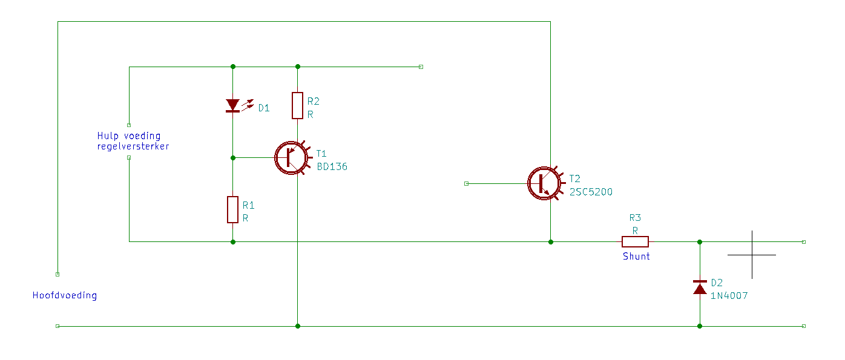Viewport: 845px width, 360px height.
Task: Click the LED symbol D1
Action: (x=238, y=105)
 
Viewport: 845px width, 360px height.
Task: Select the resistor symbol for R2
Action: (x=297, y=105)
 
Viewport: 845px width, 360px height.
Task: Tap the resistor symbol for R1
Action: (x=232, y=209)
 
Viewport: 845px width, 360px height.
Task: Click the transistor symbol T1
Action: (x=292, y=158)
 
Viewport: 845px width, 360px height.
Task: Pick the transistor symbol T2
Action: (x=545, y=183)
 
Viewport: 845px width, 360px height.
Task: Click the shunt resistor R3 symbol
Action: (x=635, y=241)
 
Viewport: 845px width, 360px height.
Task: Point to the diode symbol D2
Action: (x=700, y=287)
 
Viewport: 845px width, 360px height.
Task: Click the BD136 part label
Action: (x=332, y=166)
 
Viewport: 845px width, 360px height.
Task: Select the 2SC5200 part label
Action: (x=591, y=192)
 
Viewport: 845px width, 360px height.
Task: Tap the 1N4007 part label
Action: (x=729, y=295)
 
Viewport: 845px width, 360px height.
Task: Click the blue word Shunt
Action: (x=636, y=257)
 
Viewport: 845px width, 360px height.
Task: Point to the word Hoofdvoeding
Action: (x=65, y=295)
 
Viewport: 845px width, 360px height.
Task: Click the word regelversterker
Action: (x=133, y=146)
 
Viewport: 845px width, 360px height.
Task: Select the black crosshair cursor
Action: (x=752, y=255)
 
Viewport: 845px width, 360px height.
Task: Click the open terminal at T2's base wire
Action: (x=466, y=183)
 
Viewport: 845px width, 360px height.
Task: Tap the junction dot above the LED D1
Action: (x=233, y=67)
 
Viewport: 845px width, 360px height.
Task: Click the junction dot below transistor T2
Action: (x=550, y=242)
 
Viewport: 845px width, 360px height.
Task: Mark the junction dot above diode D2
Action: (x=700, y=242)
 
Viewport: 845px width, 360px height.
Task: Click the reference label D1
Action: (x=264, y=108)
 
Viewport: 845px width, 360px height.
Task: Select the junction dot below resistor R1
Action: (x=233, y=242)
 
